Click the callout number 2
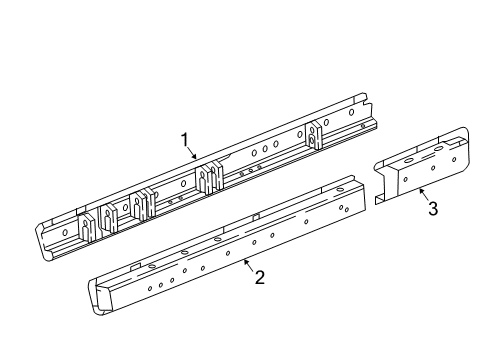(x=259, y=277)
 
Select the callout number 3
(x=432, y=208)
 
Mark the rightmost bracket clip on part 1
(x=318, y=135)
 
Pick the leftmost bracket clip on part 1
(x=85, y=227)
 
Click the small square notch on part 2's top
(x=256, y=215)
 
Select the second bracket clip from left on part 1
(x=110, y=217)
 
